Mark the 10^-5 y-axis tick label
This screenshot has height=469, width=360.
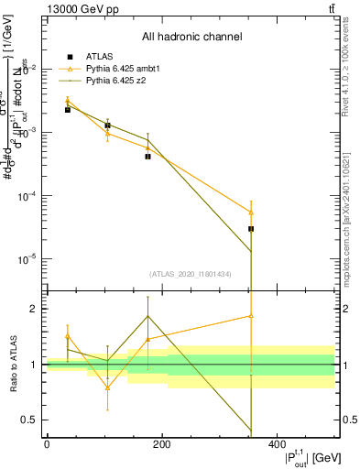(x=27, y=259)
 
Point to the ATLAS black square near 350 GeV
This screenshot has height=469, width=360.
(x=251, y=228)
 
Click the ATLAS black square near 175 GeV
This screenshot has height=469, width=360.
(x=147, y=157)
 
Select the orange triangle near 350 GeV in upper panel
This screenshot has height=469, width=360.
(x=251, y=212)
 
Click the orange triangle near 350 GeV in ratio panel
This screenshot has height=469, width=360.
(x=251, y=316)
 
